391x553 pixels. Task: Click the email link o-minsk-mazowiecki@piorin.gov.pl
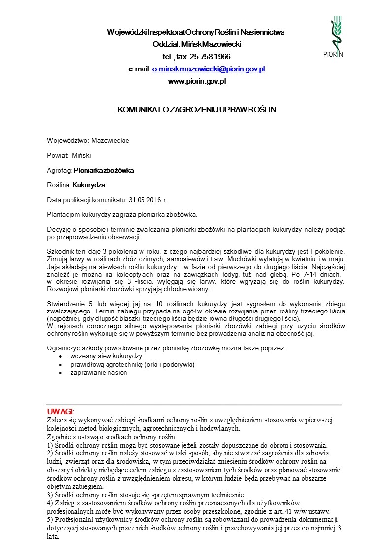pos(208,69)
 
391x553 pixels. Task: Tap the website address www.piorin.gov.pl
pos(197,81)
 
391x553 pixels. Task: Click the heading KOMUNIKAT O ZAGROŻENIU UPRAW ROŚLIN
pos(196,109)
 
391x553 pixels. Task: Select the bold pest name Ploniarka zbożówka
pos(104,170)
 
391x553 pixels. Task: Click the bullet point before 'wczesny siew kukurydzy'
pos(60,356)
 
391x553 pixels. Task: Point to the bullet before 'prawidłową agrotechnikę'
pos(60,365)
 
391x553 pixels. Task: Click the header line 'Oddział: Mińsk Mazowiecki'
pos(196,44)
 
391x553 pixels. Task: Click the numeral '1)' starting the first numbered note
pos(49,445)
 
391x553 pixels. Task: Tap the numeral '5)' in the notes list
pos(49,520)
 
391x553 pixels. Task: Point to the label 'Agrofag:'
pos(59,170)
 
